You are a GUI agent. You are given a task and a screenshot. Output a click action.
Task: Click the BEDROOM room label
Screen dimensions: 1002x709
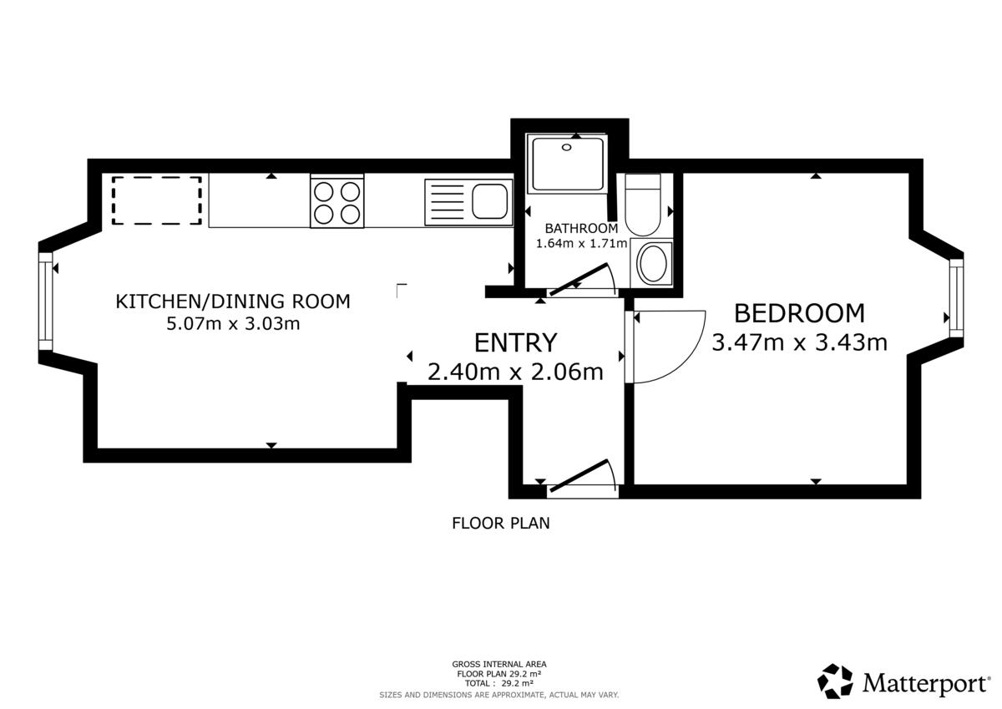click(x=799, y=313)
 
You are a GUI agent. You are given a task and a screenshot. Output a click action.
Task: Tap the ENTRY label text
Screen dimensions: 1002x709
click(x=515, y=343)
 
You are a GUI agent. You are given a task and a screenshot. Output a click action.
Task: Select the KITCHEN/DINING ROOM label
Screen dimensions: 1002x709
click(x=233, y=301)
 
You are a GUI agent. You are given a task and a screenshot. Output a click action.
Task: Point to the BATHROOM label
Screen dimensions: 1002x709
click(x=581, y=229)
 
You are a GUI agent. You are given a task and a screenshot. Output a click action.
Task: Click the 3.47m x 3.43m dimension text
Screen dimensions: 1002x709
click(x=799, y=342)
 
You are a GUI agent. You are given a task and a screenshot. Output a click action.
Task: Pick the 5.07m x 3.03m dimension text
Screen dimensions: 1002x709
click(x=233, y=323)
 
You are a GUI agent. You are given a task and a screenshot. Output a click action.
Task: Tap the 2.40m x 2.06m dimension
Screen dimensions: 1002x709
click(x=515, y=372)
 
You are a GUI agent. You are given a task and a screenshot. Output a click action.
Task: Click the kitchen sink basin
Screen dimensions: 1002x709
click(x=490, y=201)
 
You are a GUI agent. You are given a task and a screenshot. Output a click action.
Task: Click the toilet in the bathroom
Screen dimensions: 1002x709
click(x=643, y=205)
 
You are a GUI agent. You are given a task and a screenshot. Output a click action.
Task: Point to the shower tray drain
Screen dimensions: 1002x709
click(x=567, y=147)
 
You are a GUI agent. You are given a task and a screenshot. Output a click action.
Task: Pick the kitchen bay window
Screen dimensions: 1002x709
click(x=45, y=301)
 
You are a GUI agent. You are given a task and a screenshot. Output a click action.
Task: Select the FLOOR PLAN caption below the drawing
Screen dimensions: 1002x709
click(x=500, y=523)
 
